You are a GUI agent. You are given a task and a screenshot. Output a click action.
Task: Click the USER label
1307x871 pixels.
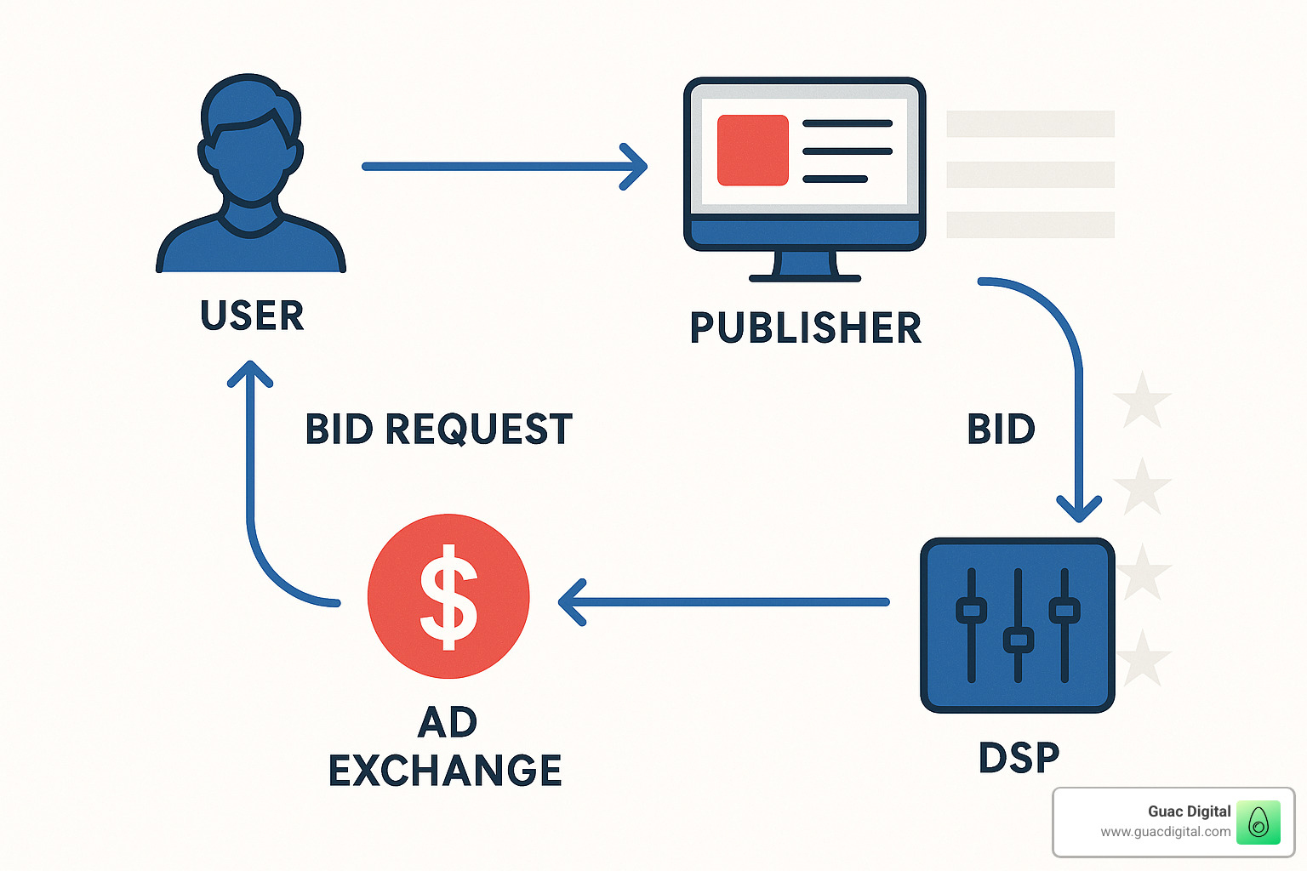point(252,316)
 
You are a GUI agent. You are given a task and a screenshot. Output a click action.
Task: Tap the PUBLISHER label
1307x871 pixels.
point(805,328)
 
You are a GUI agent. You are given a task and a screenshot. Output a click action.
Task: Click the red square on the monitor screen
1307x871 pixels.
point(752,151)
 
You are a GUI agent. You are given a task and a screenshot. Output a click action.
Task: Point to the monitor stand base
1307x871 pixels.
point(805,277)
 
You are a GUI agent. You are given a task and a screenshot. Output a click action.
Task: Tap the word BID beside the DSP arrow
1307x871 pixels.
point(1001,429)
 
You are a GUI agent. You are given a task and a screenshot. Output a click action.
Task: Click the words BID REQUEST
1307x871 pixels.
point(438,429)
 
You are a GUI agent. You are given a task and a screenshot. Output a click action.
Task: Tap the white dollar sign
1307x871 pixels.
point(448,595)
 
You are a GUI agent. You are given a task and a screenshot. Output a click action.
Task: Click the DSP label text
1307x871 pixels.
point(1019,757)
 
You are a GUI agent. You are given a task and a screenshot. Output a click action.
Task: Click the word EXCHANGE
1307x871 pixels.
point(445,771)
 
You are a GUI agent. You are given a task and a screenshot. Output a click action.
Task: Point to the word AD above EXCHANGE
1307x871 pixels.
point(448,723)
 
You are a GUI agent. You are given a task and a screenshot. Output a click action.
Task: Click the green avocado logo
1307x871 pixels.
point(1258,823)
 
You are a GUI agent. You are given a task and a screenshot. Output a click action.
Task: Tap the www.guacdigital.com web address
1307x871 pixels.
point(1165,832)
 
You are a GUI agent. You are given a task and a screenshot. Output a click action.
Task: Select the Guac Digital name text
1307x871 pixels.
point(1189,811)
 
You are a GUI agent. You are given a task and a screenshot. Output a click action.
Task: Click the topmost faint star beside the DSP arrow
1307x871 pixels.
point(1142,400)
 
